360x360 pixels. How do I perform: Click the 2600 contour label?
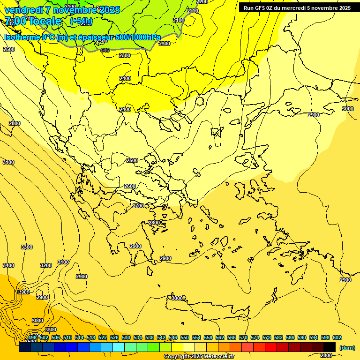[x=130, y=186]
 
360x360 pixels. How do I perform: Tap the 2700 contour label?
[x=138, y=206]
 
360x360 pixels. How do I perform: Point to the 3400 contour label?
[x=8, y=265]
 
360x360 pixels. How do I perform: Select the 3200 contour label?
[x=46, y=265]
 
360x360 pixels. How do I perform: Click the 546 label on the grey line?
[x=105, y=50]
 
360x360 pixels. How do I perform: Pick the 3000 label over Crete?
[x=177, y=298]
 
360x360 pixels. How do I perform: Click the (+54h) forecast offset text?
[x=81, y=21]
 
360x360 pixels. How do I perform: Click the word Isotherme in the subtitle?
[x=22, y=37]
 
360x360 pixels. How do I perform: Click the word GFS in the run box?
[x=260, y=8]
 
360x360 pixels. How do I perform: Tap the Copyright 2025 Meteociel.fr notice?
[x=199, y=356]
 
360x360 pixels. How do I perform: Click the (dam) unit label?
[x=347, y=347]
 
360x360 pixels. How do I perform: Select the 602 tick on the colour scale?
[x=337, y=337]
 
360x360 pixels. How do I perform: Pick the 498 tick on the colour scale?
[x=32, y=337]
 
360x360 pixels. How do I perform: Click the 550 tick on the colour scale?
[x=185, y=337]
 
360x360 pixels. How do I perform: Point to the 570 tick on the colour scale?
[x=243, y=337]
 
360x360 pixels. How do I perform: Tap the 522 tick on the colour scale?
[x=103, y=337]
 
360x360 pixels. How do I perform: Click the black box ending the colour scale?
[x=330, y=347]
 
